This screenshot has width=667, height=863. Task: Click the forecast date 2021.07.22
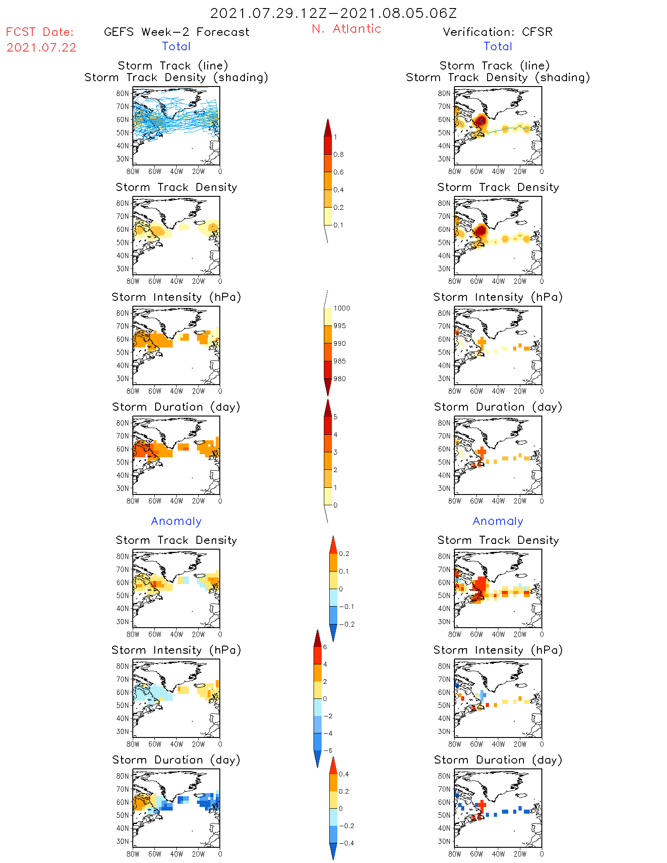[x=41, y=48]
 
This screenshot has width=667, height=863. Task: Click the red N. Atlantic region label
[x=346, y=29]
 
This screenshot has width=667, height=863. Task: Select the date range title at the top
[x=333, y=13]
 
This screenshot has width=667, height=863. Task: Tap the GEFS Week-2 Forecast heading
[x=176, y=32]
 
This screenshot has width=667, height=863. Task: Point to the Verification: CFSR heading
[x=497, y=32]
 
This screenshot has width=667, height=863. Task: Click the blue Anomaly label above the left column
[x=176, y=521]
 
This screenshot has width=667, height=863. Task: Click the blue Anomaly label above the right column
[x=498, y=521]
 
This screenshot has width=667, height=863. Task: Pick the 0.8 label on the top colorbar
[x=339, y=155]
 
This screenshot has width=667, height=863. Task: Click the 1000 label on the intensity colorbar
[x=342, y=308]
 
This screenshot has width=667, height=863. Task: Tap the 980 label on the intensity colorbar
[x=340, y=379]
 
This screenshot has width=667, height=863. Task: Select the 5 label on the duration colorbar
[x=336, y=417]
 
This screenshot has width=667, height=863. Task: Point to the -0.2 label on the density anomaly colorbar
[x=346, y=624]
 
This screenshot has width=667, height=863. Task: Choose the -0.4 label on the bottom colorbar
[x=346, y=843]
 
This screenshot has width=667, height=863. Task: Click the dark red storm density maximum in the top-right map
[x=480, y=120]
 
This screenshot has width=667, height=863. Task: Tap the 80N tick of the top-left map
[x=122, y=93]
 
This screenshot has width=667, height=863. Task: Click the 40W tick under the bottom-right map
[x=498, y=854]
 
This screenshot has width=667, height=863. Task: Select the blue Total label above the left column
[x=176, y=47]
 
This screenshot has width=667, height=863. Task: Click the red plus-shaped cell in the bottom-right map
[x=482, y=805]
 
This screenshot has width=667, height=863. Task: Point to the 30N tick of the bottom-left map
[x=122, y=841]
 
